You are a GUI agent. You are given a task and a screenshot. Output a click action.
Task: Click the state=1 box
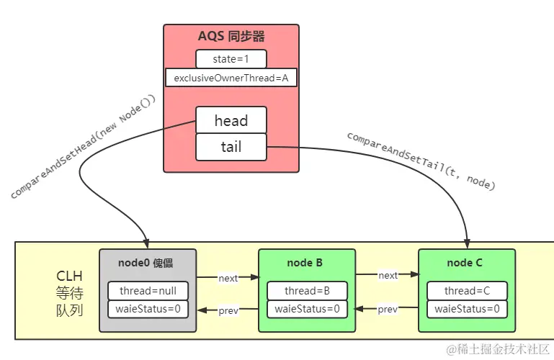click(231, 59)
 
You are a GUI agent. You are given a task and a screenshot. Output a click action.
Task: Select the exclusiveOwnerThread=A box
click(231, 78)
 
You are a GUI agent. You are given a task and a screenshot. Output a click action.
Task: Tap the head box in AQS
click(231, 120)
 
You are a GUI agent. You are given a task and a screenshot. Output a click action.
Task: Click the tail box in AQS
click(231, 147)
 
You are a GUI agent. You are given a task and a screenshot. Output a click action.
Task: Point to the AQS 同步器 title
click(231, 36)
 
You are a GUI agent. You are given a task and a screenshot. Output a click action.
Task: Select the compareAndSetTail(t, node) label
click(421, 161)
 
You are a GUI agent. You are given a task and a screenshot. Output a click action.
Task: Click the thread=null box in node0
click(148, 291)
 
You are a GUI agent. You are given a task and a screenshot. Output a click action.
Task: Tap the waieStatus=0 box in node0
click(148, 310)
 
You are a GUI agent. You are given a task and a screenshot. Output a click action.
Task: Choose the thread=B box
click(307, 291)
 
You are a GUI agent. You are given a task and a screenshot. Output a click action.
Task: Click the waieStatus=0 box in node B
click(307, 310)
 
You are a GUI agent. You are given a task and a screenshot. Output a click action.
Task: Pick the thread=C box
click(467, 291)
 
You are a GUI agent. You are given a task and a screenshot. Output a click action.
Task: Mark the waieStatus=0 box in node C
click(467, 310)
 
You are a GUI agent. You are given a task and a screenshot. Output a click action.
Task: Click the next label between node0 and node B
click(228, 277)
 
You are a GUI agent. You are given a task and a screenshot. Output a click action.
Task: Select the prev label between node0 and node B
click(228, 310)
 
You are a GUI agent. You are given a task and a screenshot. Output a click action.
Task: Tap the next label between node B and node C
click(388, 275)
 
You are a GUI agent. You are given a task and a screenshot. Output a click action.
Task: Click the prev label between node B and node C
click(388, 310)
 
